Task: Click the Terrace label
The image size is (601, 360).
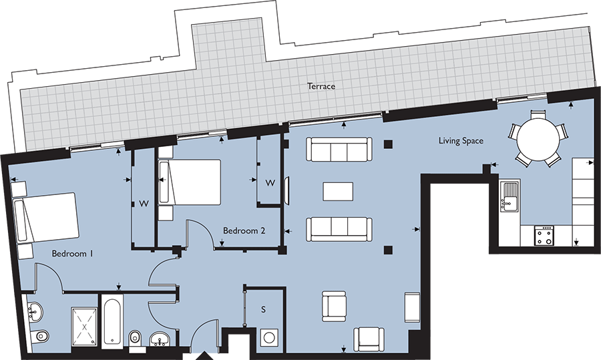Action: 321,86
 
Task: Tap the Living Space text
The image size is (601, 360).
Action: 461,141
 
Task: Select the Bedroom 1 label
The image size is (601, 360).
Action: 72,254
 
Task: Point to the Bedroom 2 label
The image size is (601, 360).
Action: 244,230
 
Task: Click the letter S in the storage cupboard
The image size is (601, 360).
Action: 263,310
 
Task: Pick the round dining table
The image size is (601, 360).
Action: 538,139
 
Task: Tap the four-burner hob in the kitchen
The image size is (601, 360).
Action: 544,235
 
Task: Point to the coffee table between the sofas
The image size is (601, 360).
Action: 339,191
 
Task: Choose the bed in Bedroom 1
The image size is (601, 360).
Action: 47,218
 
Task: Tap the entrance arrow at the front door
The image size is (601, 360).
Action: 204,355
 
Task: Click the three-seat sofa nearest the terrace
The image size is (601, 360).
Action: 339,150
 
